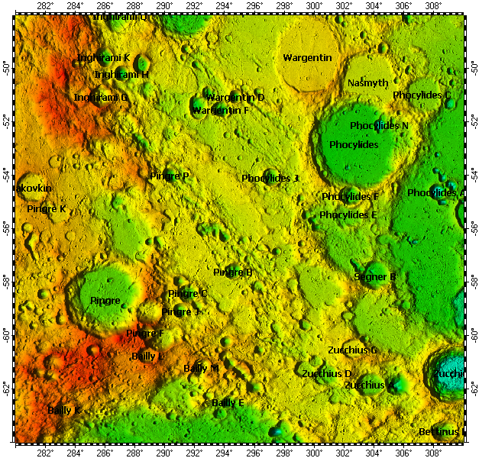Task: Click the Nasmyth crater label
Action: coord(367,82)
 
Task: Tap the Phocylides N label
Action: coord(379,125)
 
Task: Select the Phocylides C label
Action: coord(422,95)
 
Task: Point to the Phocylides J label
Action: coord(270,178)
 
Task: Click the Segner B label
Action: coord(374,277)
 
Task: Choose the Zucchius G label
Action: coord(352,350)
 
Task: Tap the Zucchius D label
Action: coord(326,374)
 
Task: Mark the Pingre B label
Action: coord(232,273)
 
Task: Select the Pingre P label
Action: coord(169,176)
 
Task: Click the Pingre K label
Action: coord(47,208)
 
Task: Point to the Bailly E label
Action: coord(228,402)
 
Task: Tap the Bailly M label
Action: coord(201,369)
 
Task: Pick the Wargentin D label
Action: coord(235,98)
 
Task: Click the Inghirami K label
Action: coord(103,58)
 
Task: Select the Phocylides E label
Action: coord(348,215)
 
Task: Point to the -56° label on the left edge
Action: coord(8,227)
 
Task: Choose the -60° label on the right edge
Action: coord(471,334)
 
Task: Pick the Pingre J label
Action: coord(180,311)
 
